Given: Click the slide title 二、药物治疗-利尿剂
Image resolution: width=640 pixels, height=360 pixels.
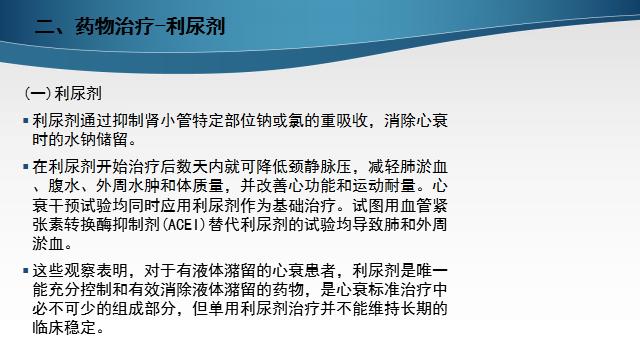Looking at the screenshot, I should (x=129, y=27).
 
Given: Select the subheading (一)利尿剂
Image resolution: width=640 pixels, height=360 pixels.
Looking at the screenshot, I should (x=63, y=93).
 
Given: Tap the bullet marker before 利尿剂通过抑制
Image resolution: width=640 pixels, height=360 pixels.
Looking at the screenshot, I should (x=26, y=122).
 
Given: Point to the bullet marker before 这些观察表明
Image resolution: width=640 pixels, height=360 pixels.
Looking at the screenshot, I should (x=26, y=271).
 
